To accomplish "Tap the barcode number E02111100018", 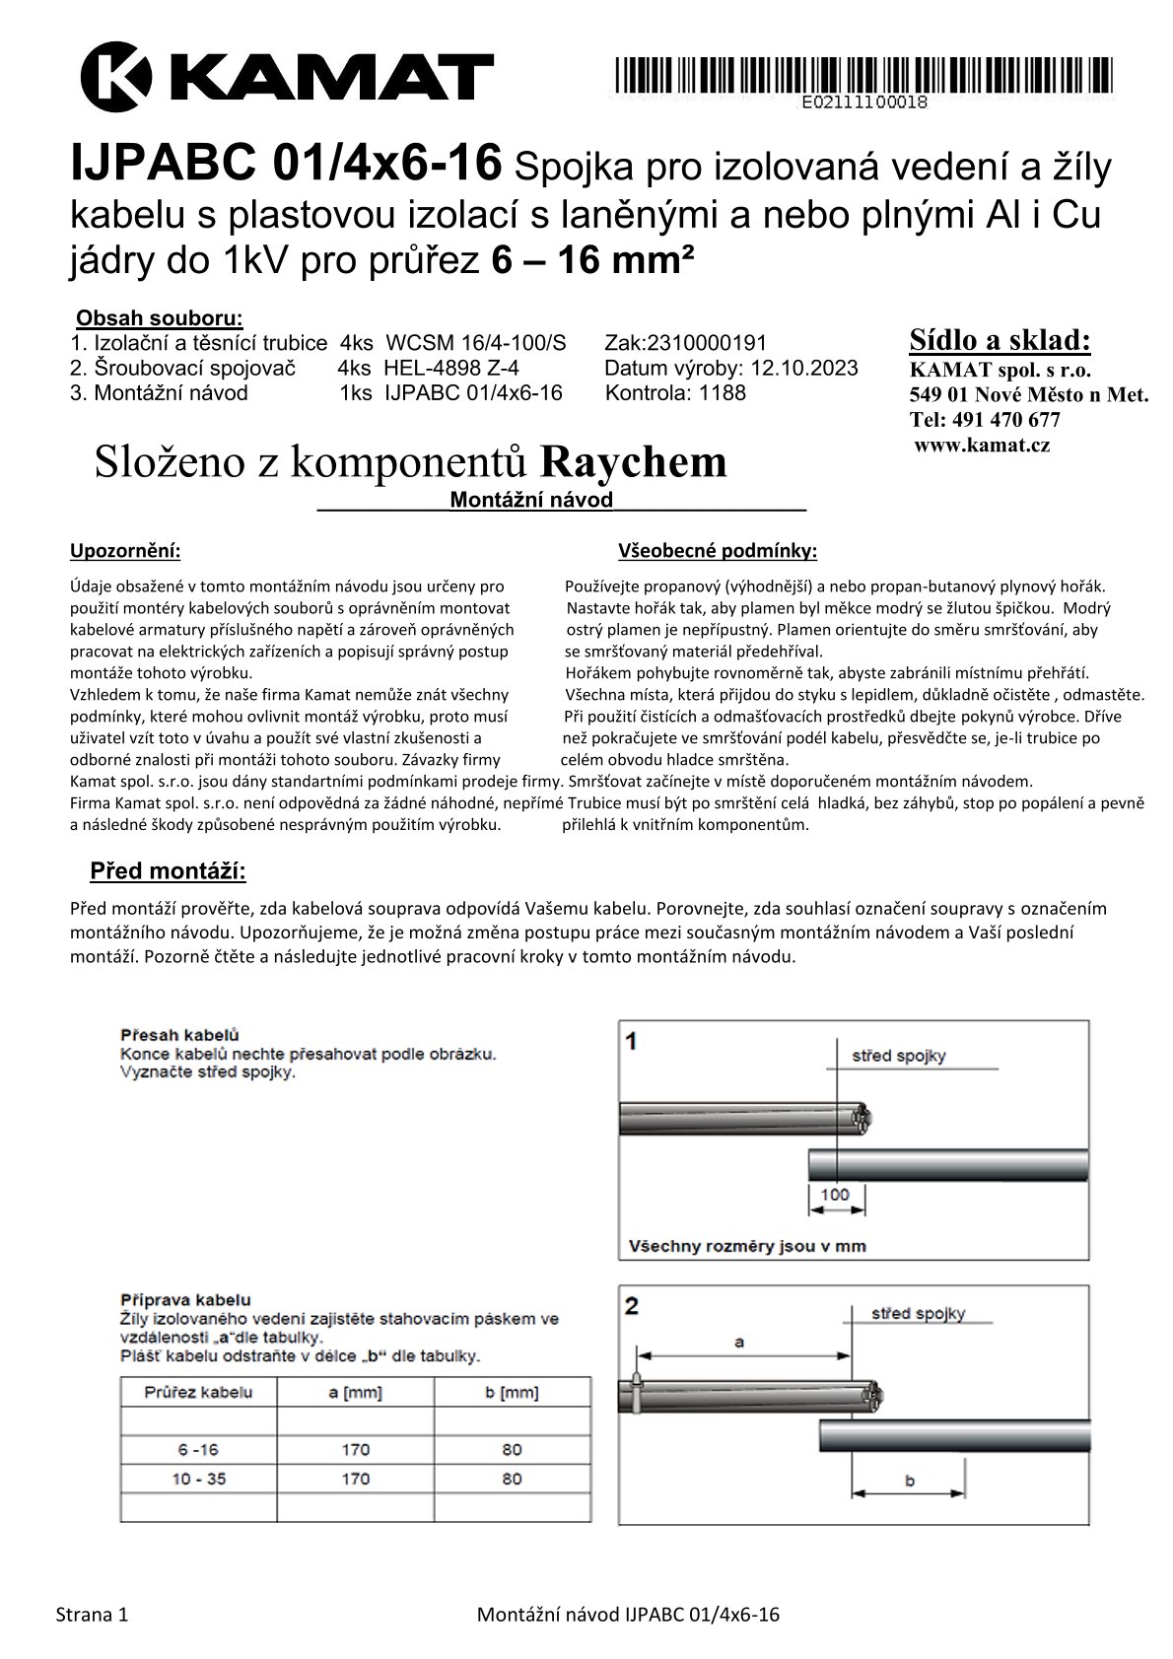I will click(x=864, y=102).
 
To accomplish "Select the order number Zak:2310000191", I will click(x=686, y=343).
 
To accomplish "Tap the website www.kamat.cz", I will click(x=982, y=446).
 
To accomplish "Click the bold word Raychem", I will click(x=634, y=462).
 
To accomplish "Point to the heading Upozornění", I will click(x=125, y=551).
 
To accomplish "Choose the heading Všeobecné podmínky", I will click(x=718, y=551).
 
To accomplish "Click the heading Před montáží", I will click(x=168, y=871).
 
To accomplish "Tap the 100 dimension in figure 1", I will click(x=835, y=1195).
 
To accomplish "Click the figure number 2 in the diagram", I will click(x=632, y=1306).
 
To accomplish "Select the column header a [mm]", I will click(x=355, y=1393).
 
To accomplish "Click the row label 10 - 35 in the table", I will click(x=198, y=1479).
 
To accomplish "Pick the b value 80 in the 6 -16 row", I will click(x=512, y=1450).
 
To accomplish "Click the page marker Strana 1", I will click(x=92, y=1615).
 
